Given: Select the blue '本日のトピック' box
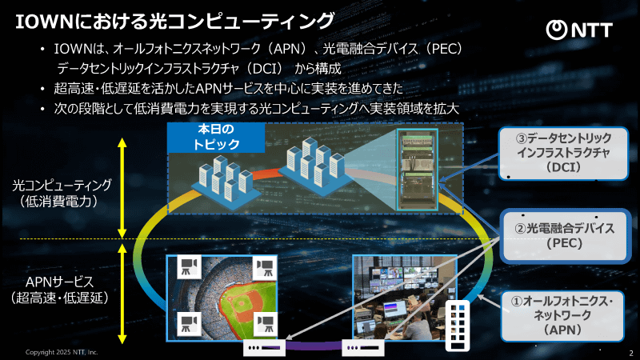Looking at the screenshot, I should (x=216, y=138).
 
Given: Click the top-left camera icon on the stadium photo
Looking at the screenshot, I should (x=189, y=266).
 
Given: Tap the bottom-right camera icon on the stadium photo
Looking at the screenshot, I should (x=265, y=324).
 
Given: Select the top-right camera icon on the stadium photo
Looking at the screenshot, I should (x=265, y=266).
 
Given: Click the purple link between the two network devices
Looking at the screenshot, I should (x=315, y=347).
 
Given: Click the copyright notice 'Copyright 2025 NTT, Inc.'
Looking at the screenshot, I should (x=62, y=352).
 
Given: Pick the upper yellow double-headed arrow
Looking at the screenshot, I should (x=122, y=186).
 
